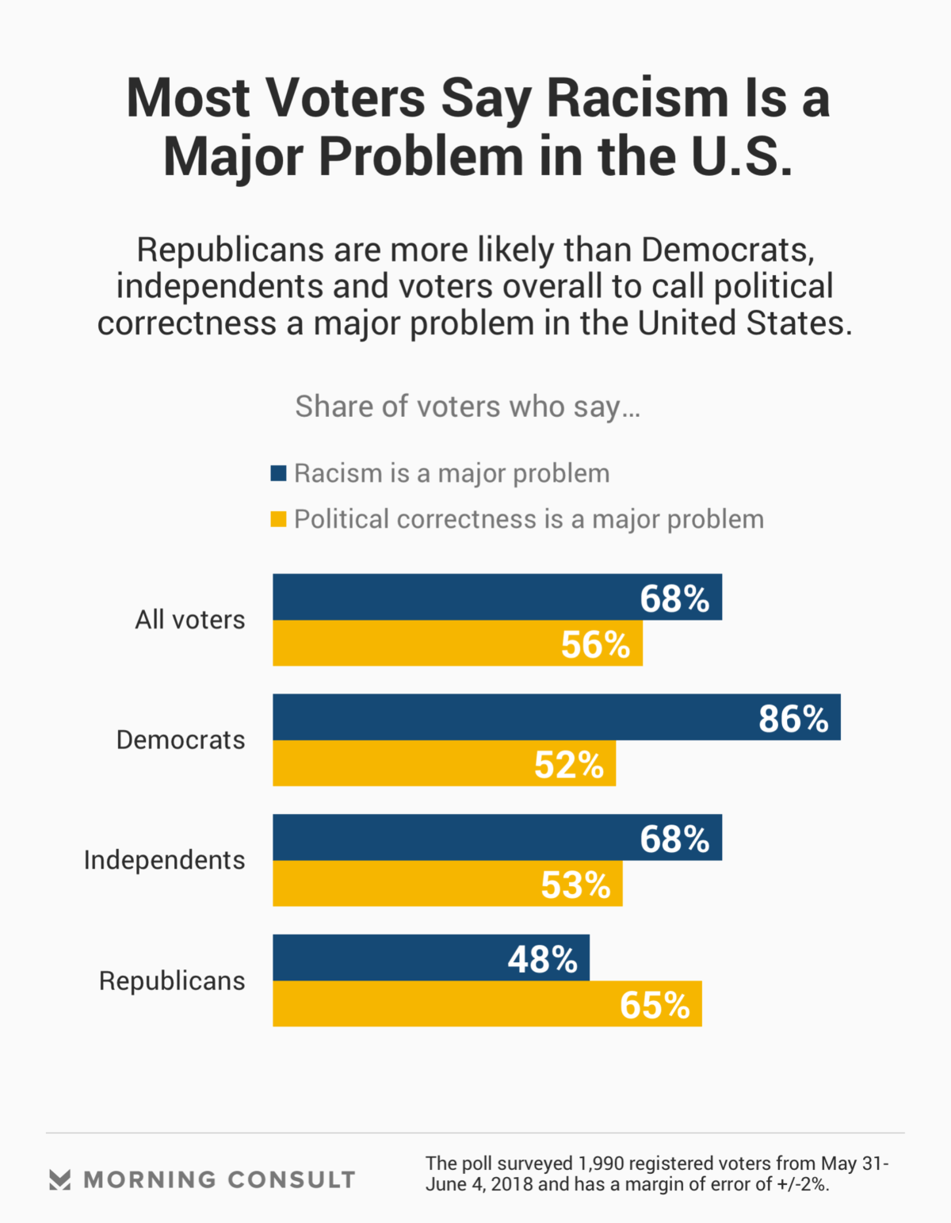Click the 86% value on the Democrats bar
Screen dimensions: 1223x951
tap(792, 718)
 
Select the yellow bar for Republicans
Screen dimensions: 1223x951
tap(444, 1004)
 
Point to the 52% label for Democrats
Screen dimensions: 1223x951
tap(569, 764)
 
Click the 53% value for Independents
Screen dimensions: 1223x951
tap(575, 885)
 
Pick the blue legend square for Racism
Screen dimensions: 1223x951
tap(278, 473)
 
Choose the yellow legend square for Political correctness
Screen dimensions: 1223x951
tap(278, 519)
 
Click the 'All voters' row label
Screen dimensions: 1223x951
tap(190, 619)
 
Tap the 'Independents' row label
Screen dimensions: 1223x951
tap(164, 860)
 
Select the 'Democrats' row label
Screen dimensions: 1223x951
tap(181, 740)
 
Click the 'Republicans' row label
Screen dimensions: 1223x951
tap(172, 980)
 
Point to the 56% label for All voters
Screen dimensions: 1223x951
tap(595, 644)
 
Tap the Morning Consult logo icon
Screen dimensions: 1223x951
tap(59, 1179)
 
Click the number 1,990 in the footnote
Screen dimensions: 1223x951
tap(601, 1164)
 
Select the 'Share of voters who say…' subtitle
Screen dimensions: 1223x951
tap(468, 407)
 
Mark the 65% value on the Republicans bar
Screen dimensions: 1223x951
tap(655, 1005)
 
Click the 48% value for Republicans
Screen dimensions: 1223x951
tap(542, 959)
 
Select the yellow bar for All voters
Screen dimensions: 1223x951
tap(412, 643)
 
